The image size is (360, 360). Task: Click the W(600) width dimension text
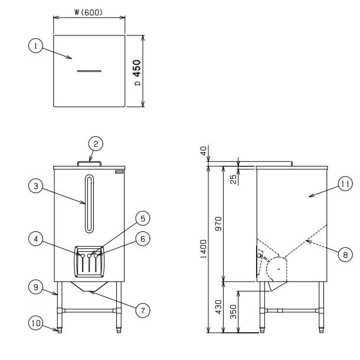(x=89, y=11)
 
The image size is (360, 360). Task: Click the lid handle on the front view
(x=89, y=161)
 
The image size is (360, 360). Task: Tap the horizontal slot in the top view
(x=89, y=71)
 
